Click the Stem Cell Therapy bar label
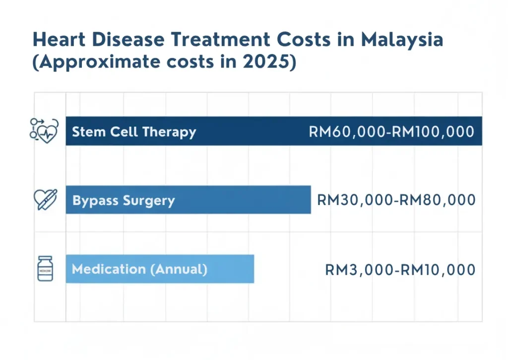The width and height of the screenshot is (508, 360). click(x=134, y=132)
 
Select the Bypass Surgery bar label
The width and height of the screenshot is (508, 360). click(x=124, y=201)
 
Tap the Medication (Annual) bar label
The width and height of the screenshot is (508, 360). click(x=139, y=269)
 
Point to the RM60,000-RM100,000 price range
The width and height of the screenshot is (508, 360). click(x=391, y=132)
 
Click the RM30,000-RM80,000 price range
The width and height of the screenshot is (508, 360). click(x=396, y=200)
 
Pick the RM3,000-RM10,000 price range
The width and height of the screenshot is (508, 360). click(x=400, y=270)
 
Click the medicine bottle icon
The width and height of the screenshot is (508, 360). click(x=45, y=269)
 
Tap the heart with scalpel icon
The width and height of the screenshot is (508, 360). click(x=45, y=199)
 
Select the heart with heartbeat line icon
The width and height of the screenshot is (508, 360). click(x=45, y=131)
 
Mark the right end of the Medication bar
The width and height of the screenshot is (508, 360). click(x=253, y=269)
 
